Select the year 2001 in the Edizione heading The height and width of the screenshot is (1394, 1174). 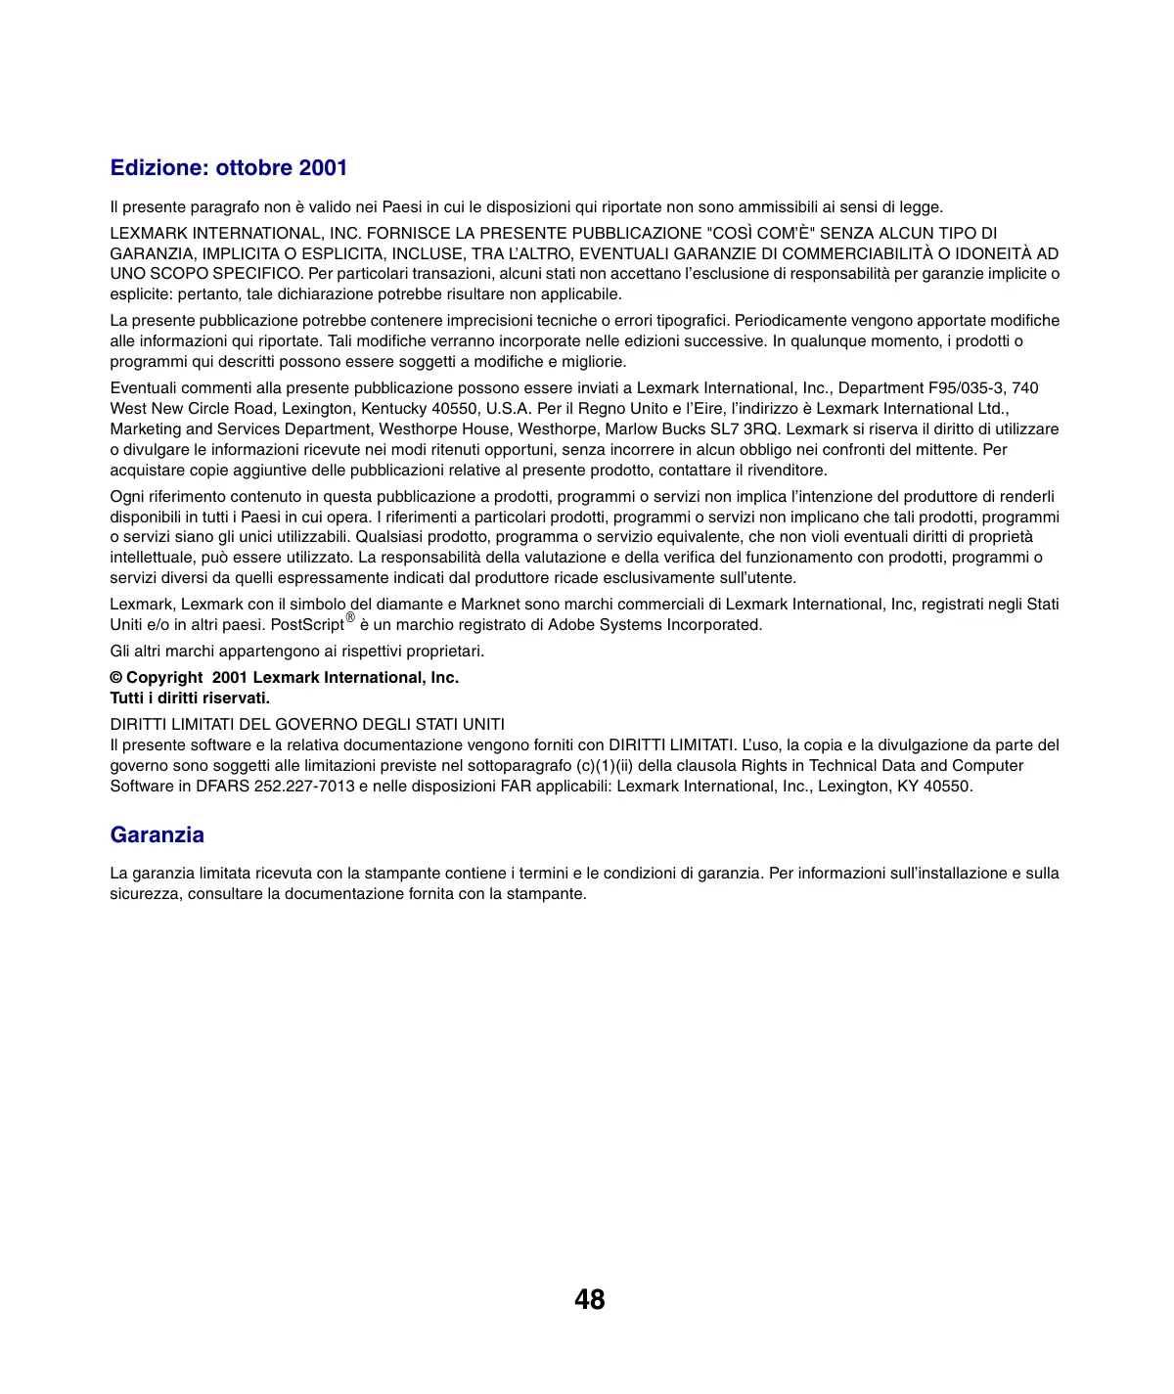323,168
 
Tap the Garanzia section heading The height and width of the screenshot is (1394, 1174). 157,835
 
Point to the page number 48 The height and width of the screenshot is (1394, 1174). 589,1300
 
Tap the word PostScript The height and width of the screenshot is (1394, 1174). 307,625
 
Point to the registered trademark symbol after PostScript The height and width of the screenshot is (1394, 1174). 350,618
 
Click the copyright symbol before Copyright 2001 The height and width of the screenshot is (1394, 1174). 116,678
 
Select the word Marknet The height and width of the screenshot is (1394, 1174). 491,605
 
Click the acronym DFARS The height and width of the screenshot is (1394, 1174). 222,787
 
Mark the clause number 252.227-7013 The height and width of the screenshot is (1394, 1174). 304,787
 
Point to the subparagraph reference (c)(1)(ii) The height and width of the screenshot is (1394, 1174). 597,766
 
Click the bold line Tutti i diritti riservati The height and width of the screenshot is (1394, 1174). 190,698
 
